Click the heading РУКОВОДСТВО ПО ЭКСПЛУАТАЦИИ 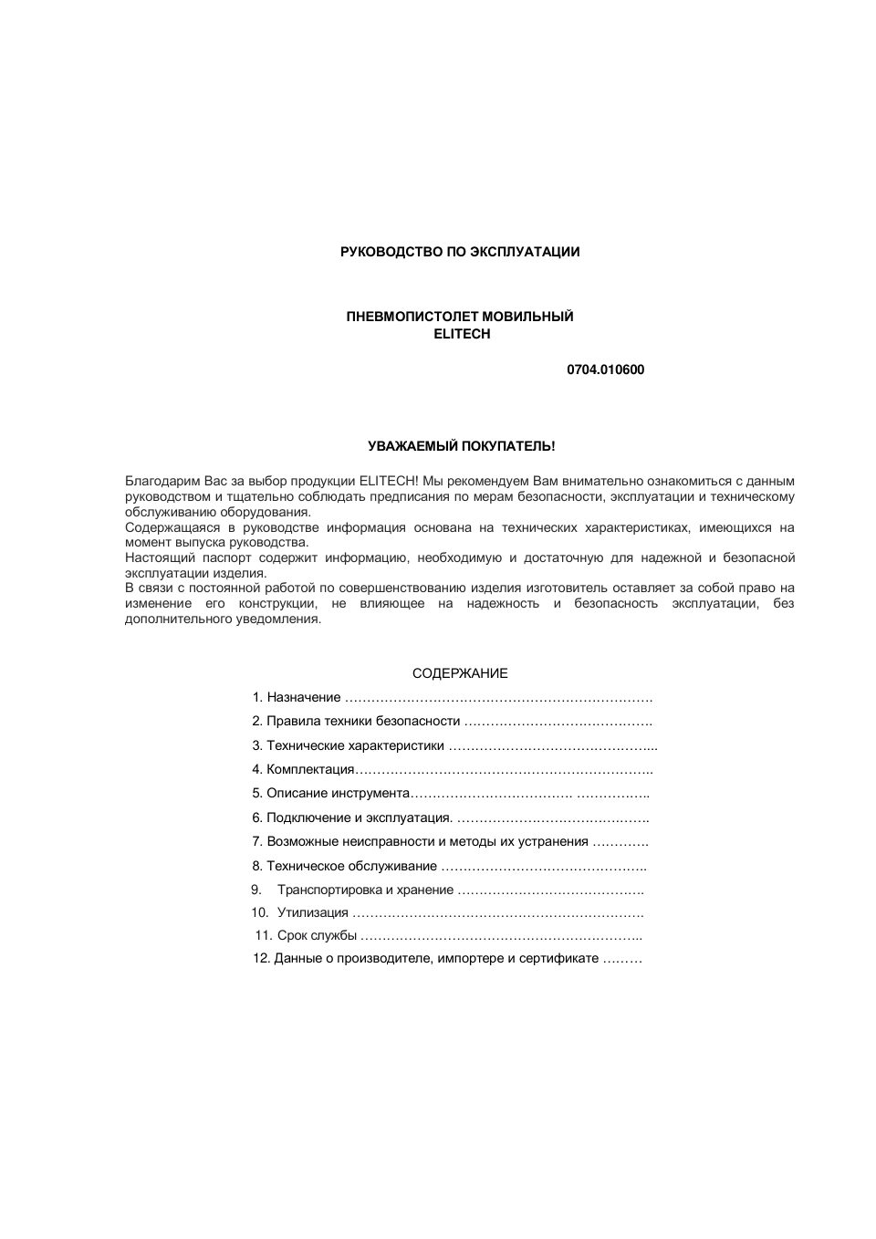click(x=459, y=252)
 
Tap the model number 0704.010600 click(x=605, y=370)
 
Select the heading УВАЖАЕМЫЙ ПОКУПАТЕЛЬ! click(x=461, y=446)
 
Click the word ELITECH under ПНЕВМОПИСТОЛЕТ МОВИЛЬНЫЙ click(x=462, y=334)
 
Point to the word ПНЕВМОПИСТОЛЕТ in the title click(x=401, y=317)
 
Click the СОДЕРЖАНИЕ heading click(x=460, y=673)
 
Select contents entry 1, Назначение click(x=303, y=697)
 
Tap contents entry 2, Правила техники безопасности click(x=363, y=721)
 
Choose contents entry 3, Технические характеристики click(x=355, y=745)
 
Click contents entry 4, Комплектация click(x=310, y=769)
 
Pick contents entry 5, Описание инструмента click(x=338, y=793)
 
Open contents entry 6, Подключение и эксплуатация click(x=359, y=817)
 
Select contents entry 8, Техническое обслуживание click(x=351, y=866)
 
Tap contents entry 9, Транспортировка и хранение click(x=365, y=890)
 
